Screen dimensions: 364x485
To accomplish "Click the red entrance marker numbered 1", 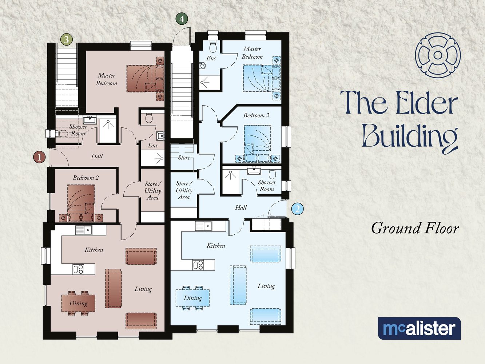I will pos(39,157).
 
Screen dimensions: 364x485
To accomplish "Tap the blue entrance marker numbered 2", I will pos(298,209).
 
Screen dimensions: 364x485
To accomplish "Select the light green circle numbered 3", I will pos(66,39).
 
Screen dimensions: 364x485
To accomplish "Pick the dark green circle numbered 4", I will pos(182,19).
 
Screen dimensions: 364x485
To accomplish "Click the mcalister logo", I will pos(419,328).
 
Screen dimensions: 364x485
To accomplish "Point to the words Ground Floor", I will pos(415,229).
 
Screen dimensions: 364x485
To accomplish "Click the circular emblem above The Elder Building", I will pos(438,55).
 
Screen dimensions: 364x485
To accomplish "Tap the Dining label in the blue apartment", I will pos(192,298).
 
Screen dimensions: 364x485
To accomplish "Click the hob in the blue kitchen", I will pos(198,265).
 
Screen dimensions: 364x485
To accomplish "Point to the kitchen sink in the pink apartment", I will pos(84,230).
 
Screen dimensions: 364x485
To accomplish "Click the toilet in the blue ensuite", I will pos(213,46).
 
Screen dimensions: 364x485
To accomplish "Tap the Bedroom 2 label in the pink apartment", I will pos(86,178).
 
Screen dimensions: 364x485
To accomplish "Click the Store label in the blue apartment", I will pos(184,158).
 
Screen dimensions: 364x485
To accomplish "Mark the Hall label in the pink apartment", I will pos(97,156).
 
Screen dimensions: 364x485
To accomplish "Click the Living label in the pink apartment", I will pos(143,289).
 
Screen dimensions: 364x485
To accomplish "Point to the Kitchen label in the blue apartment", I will pos(216,246).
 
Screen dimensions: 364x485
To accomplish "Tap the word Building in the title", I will pos(409,137).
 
